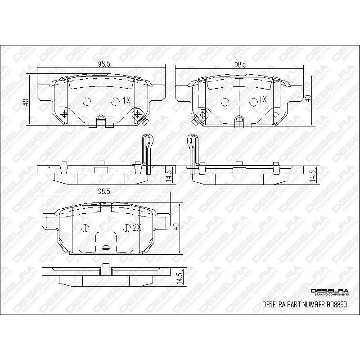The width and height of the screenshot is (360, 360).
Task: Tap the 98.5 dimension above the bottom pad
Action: (x=104, y=191)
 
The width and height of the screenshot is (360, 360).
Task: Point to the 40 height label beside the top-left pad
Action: (x=26, y=102)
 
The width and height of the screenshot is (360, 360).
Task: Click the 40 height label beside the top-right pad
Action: (x=308, y=98)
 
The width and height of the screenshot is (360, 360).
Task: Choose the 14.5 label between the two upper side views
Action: (x=169, y=175)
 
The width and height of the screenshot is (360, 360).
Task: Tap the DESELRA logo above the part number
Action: (x=328, y=291)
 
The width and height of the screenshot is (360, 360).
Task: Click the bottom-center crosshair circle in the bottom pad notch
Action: (x=106, y=247)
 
